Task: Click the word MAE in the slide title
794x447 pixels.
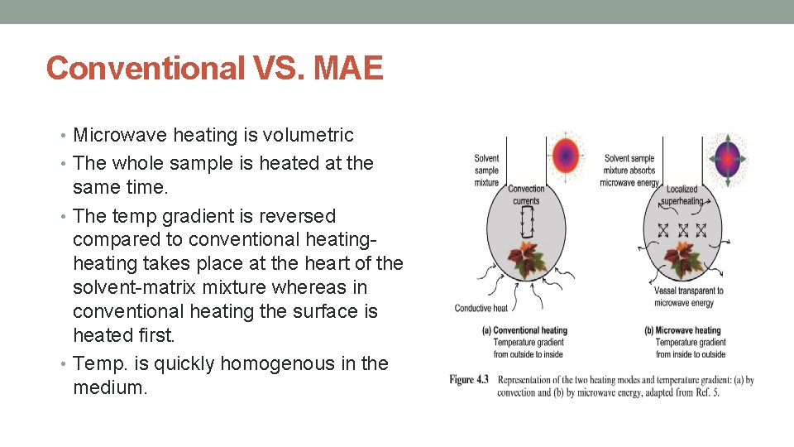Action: coord(349,68)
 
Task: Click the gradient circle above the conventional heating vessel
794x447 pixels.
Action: coord(566,155)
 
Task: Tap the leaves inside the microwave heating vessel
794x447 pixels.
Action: coord(683,258)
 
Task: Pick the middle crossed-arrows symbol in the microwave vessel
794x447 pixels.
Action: coord(682,229)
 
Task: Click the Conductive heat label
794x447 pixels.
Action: coord(481,309)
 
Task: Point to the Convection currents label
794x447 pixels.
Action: coord(526,195)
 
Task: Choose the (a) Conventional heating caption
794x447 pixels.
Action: coord(524,330)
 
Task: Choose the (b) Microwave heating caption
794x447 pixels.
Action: coord(682,330)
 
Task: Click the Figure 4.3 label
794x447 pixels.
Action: coord(469,379)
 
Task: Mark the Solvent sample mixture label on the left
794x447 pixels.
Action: coord(486,170)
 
